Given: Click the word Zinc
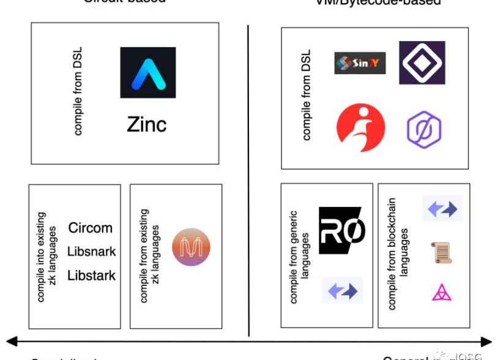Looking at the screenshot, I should pos(147,125).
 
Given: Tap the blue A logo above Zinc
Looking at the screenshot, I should pos(147,72).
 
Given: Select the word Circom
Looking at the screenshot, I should pos(91,228).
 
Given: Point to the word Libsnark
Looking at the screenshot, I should pos(91,252).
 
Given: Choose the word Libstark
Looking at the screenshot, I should pos(91,276).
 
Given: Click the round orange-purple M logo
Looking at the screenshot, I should pos(191,247).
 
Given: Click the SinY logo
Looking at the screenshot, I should pos(360,63).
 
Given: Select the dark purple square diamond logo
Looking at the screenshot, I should pos(422,62).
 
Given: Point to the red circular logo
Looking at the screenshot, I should pos(361,127).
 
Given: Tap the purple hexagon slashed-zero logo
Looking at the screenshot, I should pos(424,129).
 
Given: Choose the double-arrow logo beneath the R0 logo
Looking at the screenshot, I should pos(343,290).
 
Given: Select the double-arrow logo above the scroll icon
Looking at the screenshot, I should pos(442,209).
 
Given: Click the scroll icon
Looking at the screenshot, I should pos(442,252).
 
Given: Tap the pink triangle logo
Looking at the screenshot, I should pos(442,293).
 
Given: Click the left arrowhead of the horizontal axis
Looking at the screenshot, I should pos(11,342).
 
